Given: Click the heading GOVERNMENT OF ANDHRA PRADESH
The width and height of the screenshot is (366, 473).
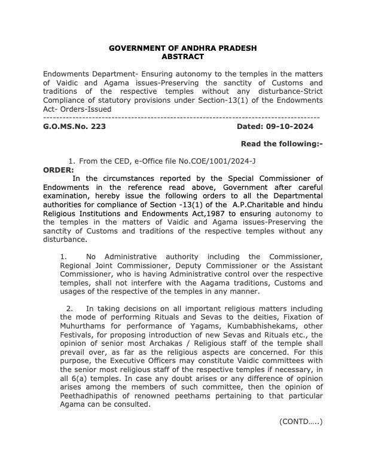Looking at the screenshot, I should point(182,48).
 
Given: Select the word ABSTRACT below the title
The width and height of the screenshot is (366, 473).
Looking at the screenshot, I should point(182,56).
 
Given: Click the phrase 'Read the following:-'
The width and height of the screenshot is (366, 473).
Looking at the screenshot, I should point(282,144).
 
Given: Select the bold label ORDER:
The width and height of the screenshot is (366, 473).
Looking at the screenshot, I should point(59,170).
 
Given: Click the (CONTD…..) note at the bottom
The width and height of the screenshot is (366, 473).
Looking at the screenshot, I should point(301,422).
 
